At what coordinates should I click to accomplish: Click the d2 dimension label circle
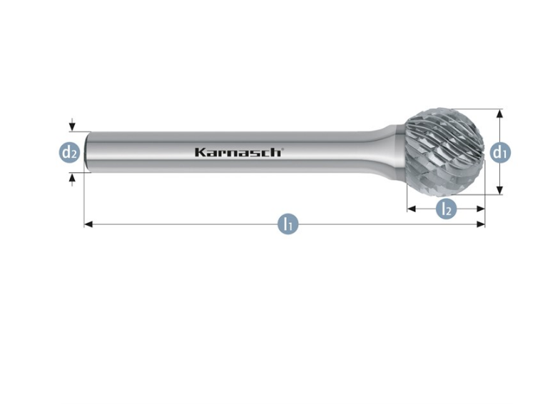click(69, 151)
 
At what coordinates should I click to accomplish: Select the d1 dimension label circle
click(500, 151)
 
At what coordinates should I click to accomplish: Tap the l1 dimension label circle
click(287, 224)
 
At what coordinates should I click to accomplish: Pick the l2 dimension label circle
click(446, 209)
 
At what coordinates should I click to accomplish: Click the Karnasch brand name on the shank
click(238, 152)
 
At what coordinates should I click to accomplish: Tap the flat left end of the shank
click(87, 151)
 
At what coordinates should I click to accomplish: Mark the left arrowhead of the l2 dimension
click(411, 209)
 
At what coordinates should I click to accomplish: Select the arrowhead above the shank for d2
click(71, 127)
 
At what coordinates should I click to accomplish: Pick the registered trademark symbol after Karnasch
click(282, 149)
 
